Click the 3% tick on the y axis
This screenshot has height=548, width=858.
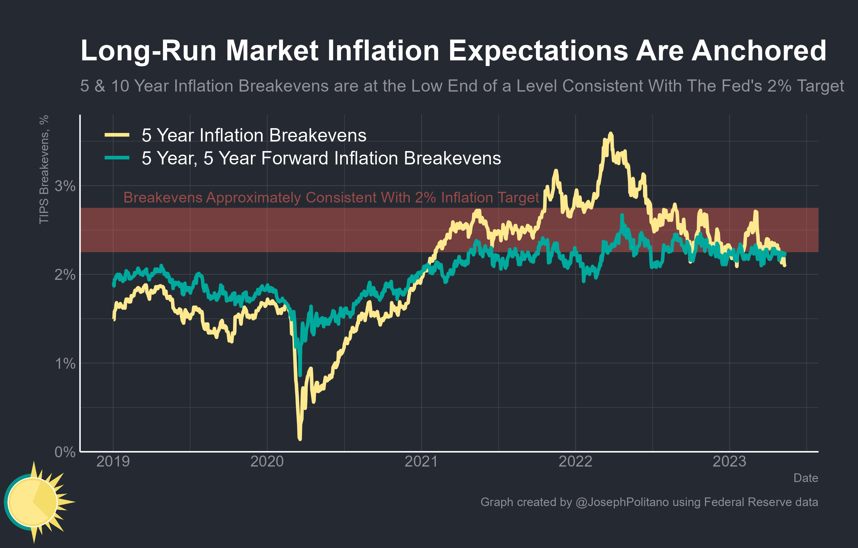(x=65, y=186)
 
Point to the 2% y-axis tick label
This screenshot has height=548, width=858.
(x=65, y=275)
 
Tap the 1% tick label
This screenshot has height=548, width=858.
(x=65, y=363)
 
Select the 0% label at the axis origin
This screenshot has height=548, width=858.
(x=65, y=452)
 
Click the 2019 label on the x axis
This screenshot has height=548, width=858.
(x=113, y=461)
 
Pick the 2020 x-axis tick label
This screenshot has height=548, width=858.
(x=267, y=461)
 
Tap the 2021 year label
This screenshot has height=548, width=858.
(x=421, y=461)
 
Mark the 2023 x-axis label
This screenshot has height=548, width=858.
(x=729, y=461)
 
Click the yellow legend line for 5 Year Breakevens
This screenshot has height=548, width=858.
(x=117, y=135)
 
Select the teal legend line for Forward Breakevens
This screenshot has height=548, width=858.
(x=117, y=158)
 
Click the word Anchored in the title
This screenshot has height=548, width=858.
(x=759, y=51)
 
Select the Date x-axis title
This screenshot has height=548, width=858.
(x=805, y=478)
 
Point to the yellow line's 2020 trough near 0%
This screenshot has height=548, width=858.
(x=300, y=439)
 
